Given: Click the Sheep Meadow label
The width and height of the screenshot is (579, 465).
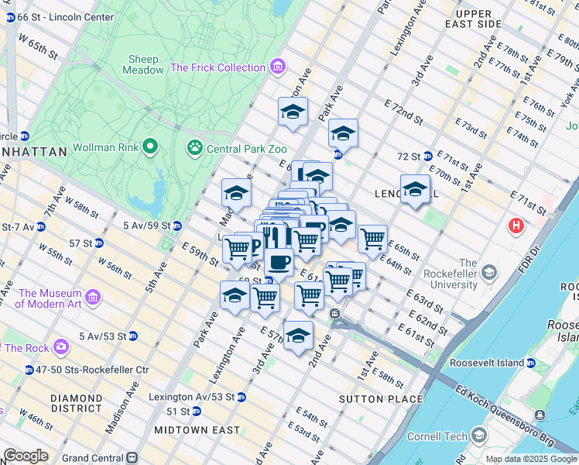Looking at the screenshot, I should [143, 64].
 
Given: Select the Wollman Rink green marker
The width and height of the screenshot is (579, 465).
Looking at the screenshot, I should [150, 146].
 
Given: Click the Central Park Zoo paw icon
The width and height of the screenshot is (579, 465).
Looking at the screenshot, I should [194, 146].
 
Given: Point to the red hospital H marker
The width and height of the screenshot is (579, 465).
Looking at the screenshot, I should [515, 226].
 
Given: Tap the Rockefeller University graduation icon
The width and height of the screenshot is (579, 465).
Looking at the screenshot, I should [488, 272].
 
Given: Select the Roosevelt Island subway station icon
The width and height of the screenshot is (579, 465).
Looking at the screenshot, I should [531, 363].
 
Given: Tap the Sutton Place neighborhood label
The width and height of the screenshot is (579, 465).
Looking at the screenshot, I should [381, 399].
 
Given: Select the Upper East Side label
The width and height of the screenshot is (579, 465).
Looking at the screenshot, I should [473, 19].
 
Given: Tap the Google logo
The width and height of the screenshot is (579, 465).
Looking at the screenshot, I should [26, 456].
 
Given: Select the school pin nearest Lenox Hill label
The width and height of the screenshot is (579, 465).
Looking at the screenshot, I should [415, 189].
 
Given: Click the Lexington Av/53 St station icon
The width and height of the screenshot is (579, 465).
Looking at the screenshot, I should [241, 397].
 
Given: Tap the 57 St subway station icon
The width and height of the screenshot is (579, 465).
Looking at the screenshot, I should [98, 243].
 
